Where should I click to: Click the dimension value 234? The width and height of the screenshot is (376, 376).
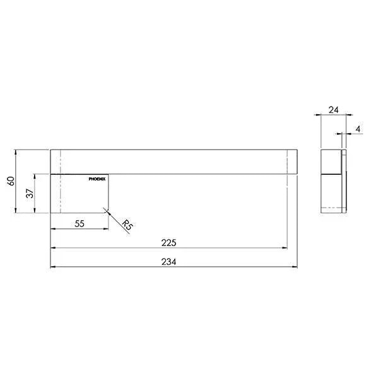[x=168, y=261]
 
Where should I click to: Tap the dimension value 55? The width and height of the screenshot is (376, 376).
[x=80, y=223]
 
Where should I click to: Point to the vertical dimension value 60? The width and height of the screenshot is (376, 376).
[x=9, y=182]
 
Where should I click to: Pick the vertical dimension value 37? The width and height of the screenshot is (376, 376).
[x=29, y=194]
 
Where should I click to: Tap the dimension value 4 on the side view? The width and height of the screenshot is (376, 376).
[x=357, y=129]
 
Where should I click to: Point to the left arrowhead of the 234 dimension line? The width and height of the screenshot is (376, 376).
[x=52, y=266]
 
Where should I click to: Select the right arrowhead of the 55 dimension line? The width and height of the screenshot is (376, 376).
[x=107, y=230]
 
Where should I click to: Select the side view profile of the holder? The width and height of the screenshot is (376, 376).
[x=334, y=181]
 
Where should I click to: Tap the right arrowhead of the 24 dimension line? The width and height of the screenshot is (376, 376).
[x=344, y=115]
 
